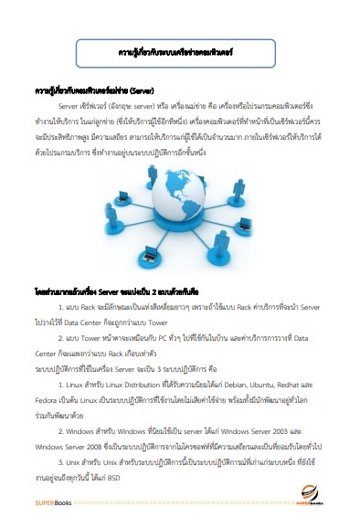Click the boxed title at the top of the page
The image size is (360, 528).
pos(179,54)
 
